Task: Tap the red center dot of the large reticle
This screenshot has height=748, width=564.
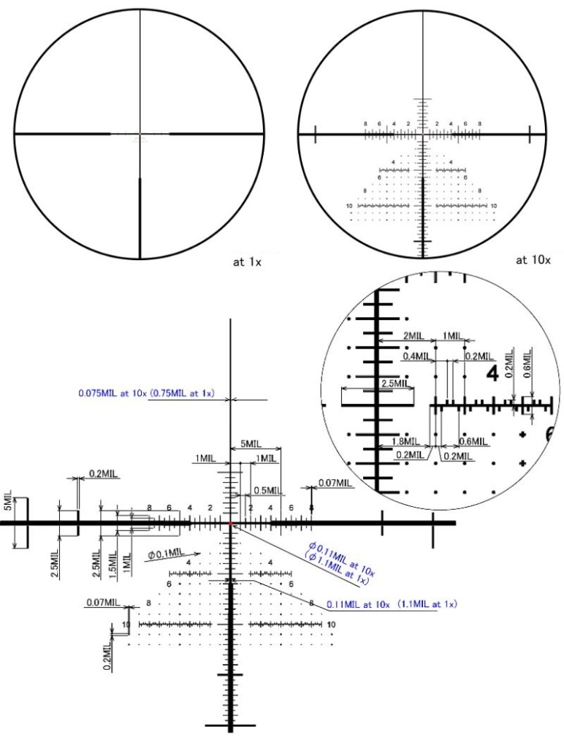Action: point(231,524)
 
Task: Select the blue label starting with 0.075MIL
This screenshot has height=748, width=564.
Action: point(145,393)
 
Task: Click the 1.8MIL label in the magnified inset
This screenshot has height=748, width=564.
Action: point(400,442)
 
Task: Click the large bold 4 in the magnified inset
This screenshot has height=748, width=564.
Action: point(493,373)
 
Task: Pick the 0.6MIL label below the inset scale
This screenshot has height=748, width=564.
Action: point(473,442)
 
